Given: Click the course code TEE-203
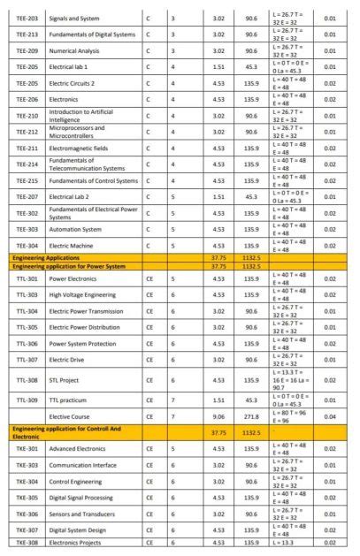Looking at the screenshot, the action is pyautogui.click(x=27, y=18).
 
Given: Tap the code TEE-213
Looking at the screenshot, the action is pyautogui.click(x=27, y=34).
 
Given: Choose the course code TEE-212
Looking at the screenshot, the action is pyautogui.click(x=27, y=132).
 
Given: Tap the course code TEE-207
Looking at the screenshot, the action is pyautogui.click(x=27, y=196).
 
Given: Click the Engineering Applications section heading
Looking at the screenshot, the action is pyautogui.click(x=46, y=256).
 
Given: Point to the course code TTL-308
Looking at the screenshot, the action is pyautogui.click(x=27, y=380).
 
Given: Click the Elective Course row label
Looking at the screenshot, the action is pyautogui.click(x=69, y=415).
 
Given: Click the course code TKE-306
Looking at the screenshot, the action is pyautogui.click(x=27, y=514).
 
